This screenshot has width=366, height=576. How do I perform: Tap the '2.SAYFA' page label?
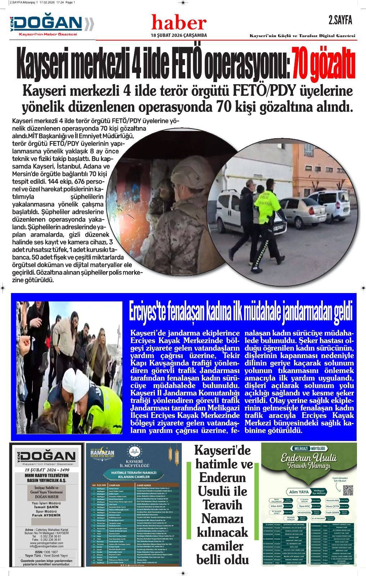pos(340,21)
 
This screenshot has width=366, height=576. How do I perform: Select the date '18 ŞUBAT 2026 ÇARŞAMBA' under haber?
pos(179,35)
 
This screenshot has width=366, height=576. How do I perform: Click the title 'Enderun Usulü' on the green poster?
pos(309,459)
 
